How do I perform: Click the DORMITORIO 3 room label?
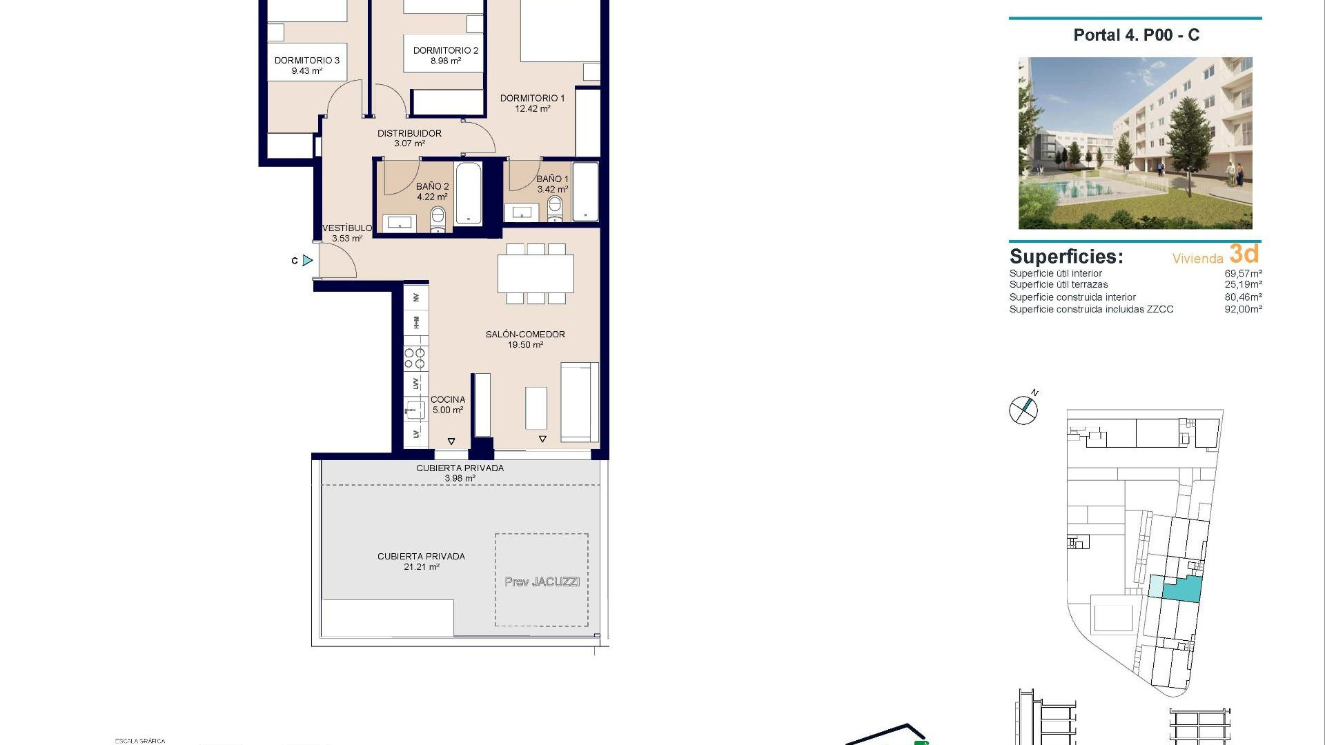(x=307, y=61)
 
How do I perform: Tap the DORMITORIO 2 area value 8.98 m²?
(x=446, y=61)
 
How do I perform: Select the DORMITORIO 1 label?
(x=532, y=99)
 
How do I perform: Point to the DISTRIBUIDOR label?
(x=409, y=134)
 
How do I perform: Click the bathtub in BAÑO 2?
(x=469, y=194)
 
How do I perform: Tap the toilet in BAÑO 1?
(x=555, y=208)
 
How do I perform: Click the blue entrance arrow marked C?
(x=307, y=260)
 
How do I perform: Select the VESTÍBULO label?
(x=347, y=228)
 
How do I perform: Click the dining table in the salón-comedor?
(x=536, y=274)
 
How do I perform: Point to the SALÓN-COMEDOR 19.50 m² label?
(x=525, y=339)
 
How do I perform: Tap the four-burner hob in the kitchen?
(x=415, y=359)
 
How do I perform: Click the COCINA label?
(x=448, y=400)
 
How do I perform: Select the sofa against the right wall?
(x=580, y=402)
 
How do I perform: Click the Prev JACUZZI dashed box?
(x=542, y=580)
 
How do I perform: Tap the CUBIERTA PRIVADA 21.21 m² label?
(x=421, y=562)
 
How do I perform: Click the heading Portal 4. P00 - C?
(x=1136, y=35)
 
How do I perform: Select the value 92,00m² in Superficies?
(x=1243, y=310)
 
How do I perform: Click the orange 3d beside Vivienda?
(x=1244, y=254)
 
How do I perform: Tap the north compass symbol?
(x=1023, y=410)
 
